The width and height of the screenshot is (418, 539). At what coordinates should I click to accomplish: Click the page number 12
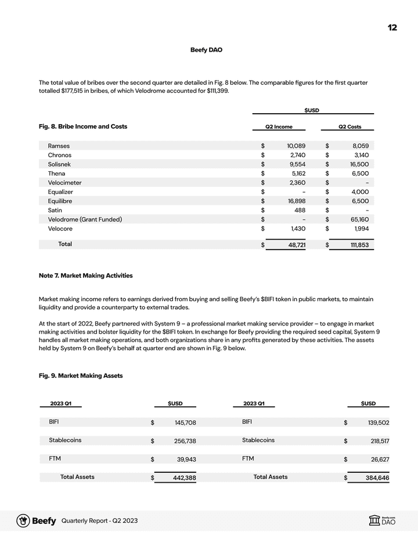[x=392, y=28]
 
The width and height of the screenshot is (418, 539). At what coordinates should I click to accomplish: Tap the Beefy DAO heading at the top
[x=206, y=50]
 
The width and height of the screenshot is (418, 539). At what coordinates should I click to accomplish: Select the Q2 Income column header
[x=279, y=127]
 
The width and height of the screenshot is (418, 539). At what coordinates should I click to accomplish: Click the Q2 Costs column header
[x=349, y=127]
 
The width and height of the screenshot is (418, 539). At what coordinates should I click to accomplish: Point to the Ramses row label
[x=59, y=146]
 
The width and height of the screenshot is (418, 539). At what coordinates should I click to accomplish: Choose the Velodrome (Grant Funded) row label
[x=85, y=219]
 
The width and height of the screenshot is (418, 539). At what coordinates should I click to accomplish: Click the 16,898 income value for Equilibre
[x=296, y=201]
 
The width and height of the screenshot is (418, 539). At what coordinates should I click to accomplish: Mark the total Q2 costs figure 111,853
[x=356, y=245]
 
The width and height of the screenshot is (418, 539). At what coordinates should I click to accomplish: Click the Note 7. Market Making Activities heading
[x=85, y=275]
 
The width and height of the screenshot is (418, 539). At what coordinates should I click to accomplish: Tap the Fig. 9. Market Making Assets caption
[x=81, y=376]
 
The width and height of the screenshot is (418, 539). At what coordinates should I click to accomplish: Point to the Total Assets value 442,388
[x=185, y=478]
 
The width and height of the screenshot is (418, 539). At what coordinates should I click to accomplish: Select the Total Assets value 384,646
[x=378, y=478]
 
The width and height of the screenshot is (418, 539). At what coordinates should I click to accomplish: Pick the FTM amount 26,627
[x=379, y=460]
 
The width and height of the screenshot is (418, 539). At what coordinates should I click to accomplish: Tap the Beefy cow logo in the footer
[x=23, y=520]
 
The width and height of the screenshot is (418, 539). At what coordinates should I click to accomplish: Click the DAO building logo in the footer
[x=374, y=520]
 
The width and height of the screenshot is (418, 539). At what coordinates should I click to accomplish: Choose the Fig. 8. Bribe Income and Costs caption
[x=83, y=126]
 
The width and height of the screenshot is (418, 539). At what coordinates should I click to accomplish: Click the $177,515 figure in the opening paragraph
[x=74, y=91]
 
